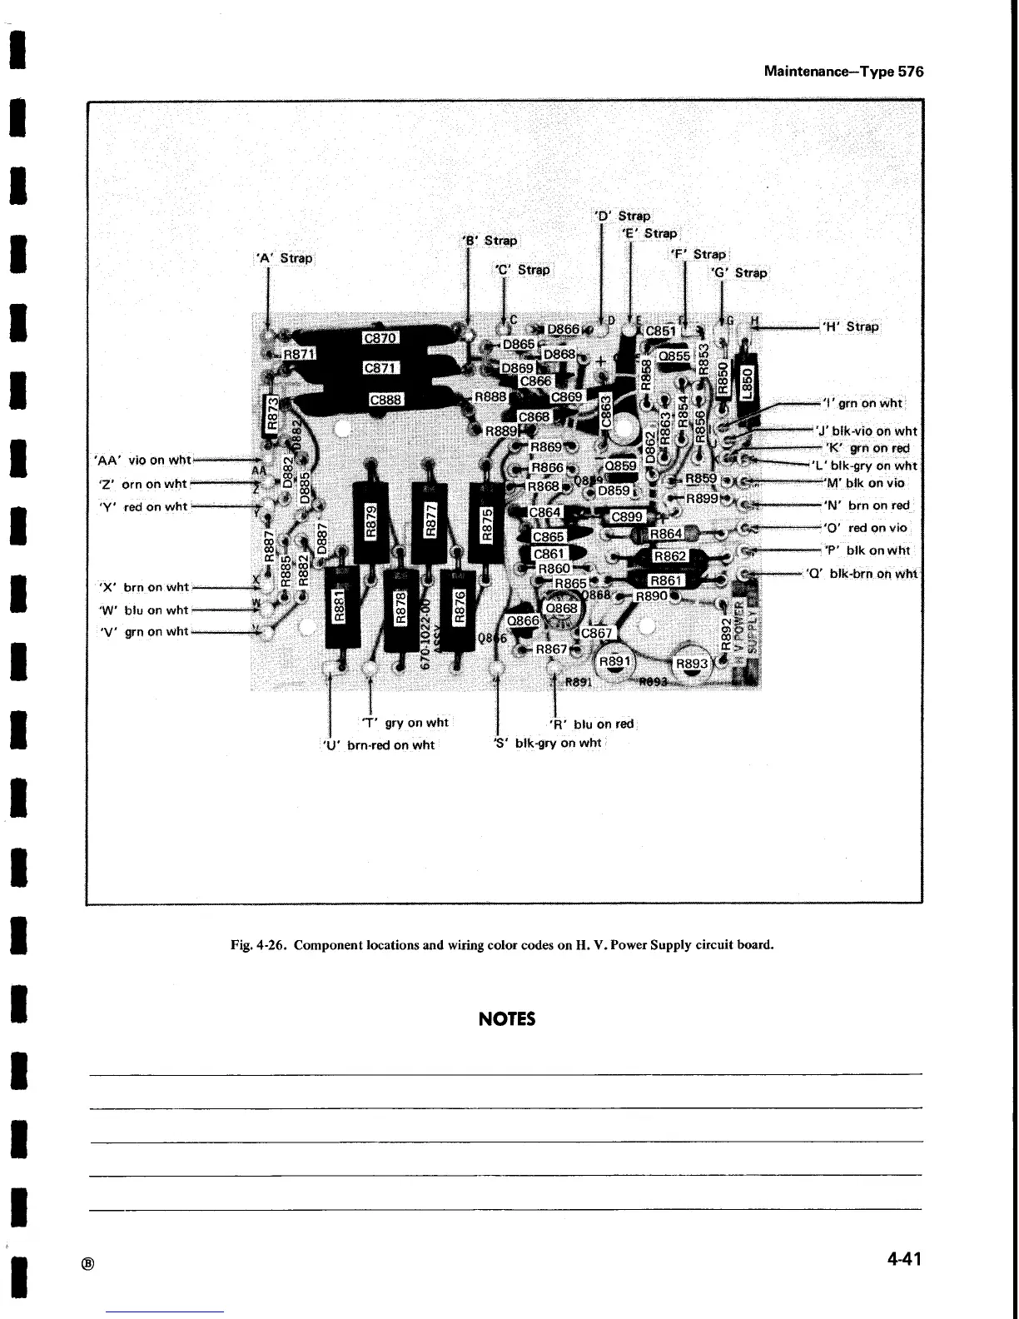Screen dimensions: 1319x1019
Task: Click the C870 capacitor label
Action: (x=381, y=337)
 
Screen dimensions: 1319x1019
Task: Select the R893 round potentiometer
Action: (x=691, y=663)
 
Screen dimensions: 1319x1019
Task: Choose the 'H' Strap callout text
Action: (x=850, y=326)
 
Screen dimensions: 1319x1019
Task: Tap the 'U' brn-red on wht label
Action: (x=378, y=744)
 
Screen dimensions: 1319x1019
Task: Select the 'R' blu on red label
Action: (x=592, y=724)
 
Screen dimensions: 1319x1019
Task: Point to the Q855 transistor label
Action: (x=674, y=356)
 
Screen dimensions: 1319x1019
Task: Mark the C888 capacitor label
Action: (x=386, y=400)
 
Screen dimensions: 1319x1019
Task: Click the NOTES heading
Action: (x=507, y=1019)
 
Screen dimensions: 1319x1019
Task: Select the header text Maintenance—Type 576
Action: (x=843, y=72)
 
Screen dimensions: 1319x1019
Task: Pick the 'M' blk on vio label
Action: (x=863, y=482)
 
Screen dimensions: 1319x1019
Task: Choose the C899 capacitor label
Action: (x=626, y=517)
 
